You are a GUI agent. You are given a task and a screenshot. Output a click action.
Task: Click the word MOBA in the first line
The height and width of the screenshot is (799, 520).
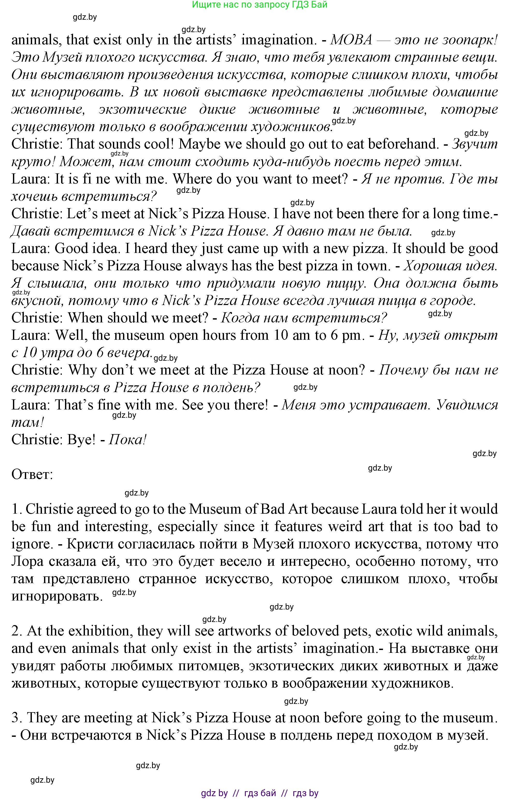point(351,40)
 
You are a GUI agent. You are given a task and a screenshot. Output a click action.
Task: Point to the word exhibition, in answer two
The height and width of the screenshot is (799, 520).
point(99,631)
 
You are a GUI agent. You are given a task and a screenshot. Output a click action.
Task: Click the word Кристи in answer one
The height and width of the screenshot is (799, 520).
point(88,544)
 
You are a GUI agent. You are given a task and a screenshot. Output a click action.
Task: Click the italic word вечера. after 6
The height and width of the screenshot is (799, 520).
point(129,352)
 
